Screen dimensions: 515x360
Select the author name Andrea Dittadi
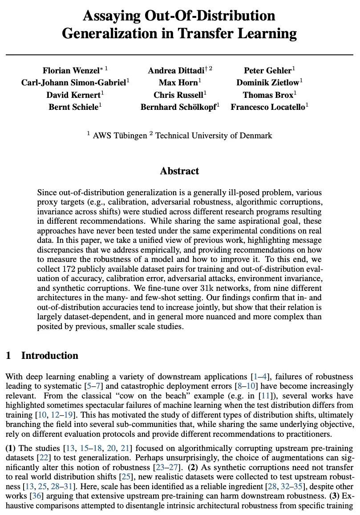point(176,71)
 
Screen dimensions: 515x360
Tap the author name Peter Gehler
point(267,71)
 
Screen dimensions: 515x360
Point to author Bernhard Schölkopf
point(178,107)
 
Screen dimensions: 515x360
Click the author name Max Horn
point(178,83)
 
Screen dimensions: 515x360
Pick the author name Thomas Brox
point(267,95)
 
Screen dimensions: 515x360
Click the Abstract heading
point(180,171)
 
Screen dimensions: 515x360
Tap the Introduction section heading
point(49,356)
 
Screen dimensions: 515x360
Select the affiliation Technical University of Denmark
point(214,136)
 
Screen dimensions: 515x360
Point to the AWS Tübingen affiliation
point(119,136)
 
